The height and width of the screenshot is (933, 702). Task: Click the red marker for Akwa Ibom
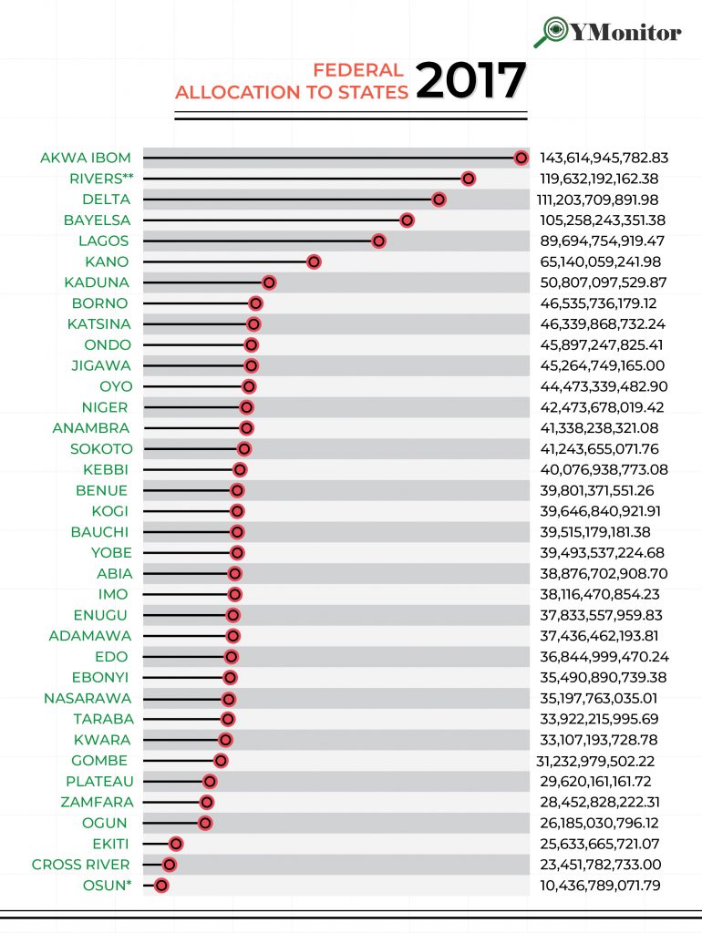point(521,158)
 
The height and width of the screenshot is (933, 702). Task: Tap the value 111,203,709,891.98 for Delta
point(603,200)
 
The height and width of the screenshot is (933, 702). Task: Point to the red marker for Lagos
point(378,241)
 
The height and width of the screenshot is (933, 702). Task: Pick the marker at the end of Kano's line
point(314,261)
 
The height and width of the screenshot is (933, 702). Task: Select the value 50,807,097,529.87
point(604,282)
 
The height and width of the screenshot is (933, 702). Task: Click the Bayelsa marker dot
point(407,220)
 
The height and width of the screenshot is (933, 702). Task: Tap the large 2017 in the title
point(470,82)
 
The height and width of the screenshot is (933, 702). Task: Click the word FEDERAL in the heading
point(357,70)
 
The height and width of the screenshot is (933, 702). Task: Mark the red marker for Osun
point(161,885)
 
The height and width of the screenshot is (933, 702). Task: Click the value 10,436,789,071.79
point(600,885)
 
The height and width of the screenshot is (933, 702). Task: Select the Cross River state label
point(81,864)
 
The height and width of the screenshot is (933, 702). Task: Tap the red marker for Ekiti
point(176,844)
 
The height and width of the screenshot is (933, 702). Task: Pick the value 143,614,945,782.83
point(604,158)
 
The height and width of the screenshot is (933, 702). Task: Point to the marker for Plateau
point(210,781)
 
